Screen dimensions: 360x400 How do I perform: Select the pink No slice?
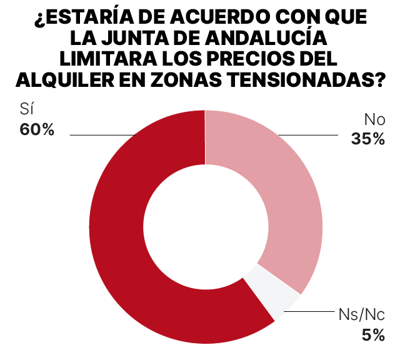click(287, 187)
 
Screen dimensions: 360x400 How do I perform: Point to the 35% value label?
click(367, 139)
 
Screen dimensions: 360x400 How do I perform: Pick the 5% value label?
click(373, 336)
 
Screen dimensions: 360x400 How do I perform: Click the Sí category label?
click(27, 111)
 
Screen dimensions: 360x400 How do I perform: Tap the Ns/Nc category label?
click(362, 314)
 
